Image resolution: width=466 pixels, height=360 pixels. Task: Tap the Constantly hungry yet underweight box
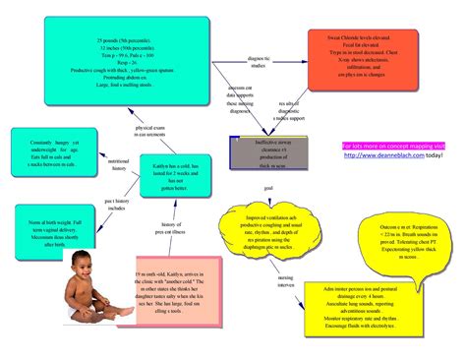tap(45, 151)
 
